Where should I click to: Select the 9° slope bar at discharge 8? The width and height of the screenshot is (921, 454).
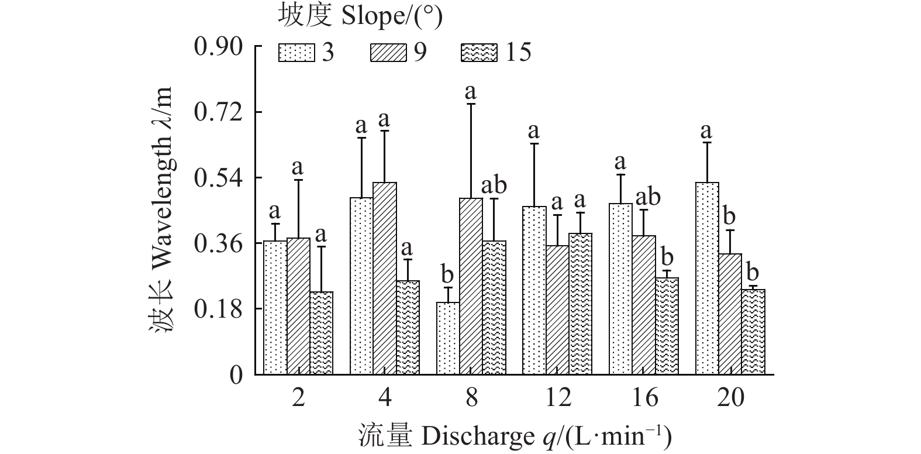point(471,286)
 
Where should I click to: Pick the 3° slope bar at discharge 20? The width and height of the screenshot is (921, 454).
point(707,278)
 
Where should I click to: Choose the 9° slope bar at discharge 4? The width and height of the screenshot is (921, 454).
point(385,278)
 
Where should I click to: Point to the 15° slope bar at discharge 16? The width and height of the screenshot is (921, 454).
point(667,326)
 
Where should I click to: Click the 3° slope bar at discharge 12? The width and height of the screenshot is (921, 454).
point(534,290)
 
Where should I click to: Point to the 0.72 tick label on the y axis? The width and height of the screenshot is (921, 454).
point(218,112)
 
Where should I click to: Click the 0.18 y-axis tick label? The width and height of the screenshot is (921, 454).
point(218,309)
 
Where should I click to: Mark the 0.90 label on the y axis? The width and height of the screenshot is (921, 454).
point(218,47)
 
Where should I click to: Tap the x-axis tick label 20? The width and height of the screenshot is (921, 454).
point(730,398)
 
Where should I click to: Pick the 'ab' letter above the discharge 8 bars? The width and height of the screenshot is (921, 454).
point(494,186)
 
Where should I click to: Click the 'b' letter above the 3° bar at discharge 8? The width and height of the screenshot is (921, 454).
point(447,274)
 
